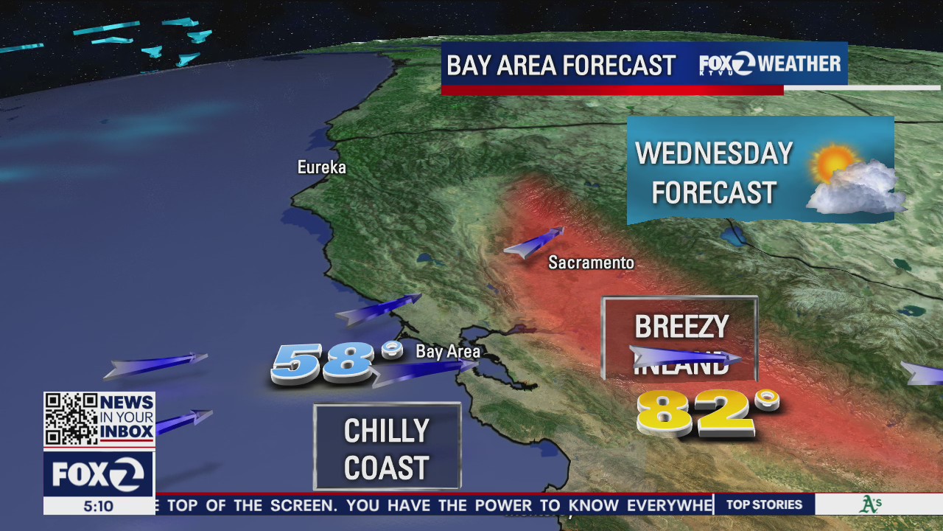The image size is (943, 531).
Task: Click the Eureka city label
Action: tap(321, 167)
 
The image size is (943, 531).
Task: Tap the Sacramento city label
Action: tap(591, 263)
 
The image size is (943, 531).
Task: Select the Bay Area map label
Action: tap(448, 352)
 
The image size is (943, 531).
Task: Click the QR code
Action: tap(71, 419)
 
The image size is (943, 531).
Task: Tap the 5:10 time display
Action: tap(98, 507)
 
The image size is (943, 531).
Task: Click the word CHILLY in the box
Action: tap(387, 431)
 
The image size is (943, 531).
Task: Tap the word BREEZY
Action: tap(681, 327)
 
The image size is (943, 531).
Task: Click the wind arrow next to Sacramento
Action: tap(535, 243)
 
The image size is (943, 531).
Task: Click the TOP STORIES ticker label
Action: tap(764, 505)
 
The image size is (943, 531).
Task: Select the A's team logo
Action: tap(871, 505)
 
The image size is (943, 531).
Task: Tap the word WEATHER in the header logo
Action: tap(799, 64)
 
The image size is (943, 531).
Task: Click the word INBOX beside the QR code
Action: tap(126, 431)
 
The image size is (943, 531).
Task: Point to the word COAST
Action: tap(387, 468)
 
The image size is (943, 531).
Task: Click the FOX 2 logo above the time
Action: tap(98, 474)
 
